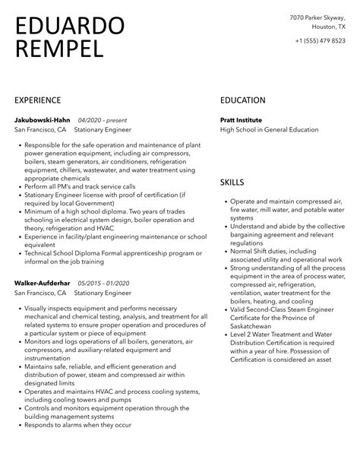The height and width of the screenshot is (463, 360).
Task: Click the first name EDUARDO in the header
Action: click(69, 25)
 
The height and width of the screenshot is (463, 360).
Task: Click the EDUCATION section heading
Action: click(242, 100)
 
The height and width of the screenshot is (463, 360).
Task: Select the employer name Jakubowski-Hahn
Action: click(42, 120)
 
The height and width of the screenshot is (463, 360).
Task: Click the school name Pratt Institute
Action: click(241, 120)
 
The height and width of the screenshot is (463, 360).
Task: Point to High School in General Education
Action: click(269, 130)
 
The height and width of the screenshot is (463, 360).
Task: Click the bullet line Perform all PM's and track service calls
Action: click(80, 186)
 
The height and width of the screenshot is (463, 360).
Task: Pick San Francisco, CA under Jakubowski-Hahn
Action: click(41, 130)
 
